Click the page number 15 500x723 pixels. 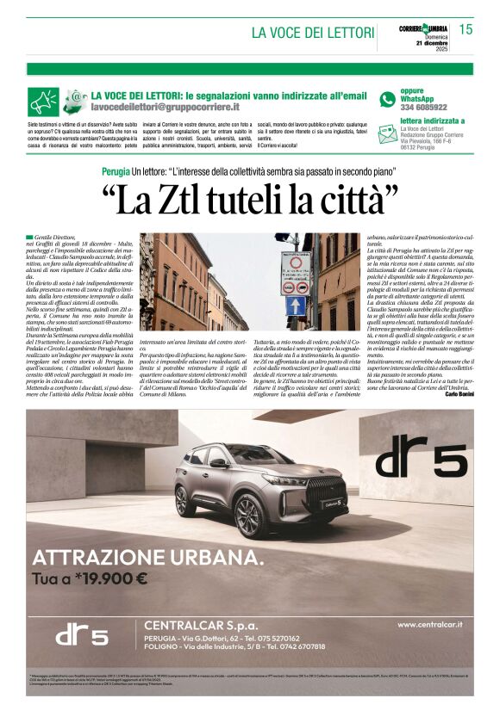coord(466,29)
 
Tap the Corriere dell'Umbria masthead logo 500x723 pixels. coord(422,29)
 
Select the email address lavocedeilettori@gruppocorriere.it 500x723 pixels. coord(166,108)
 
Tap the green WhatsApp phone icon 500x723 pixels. coord(387,99)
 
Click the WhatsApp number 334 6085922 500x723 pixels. coord(423,108)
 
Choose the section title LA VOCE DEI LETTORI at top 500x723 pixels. coord(311,33)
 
